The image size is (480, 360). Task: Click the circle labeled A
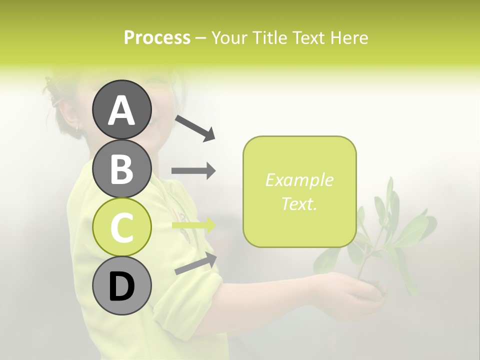click(x=121, y=109)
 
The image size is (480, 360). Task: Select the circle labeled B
click(x=121, y=168)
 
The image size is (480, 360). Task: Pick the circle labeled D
click(x=121, y=286)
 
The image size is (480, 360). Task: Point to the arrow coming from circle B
click(x=193, y=171)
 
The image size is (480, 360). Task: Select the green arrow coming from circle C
click(x=193, y=225)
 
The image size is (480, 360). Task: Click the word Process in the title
click(x=157, y=37)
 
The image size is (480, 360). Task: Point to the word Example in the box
click(x=299, y=180)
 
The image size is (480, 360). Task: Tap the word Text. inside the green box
click(x=299, y=203)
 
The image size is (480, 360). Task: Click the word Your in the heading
click(x=230, y=37)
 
